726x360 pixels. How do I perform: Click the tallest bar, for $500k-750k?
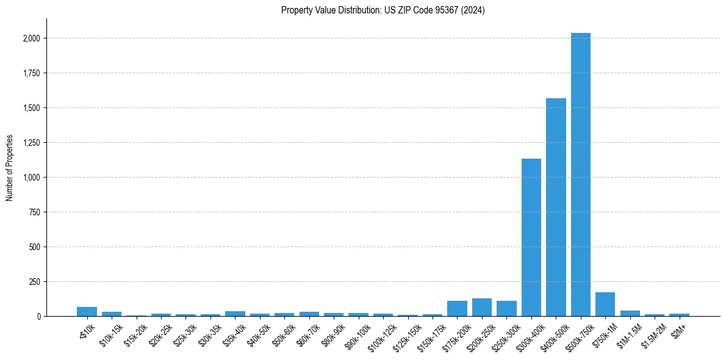580,175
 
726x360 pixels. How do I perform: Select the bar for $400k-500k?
556,207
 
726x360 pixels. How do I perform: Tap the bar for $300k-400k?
531,237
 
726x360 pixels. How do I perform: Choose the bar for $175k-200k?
457,309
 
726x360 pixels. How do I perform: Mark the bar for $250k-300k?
506,309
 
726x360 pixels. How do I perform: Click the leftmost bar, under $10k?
87,312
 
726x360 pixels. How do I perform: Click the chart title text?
383,10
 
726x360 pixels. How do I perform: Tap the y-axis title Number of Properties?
10,168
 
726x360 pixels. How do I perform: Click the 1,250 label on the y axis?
31,143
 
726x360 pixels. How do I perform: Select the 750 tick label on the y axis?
35,212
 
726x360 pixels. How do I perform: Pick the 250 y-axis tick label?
35,282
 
